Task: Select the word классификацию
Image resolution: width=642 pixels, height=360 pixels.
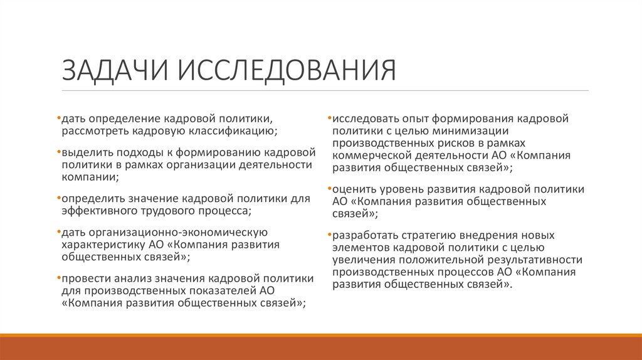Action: coord(231,131)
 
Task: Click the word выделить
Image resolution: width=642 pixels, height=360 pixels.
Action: coord(83,153)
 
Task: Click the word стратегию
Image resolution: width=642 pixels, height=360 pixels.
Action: coord(428,236)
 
